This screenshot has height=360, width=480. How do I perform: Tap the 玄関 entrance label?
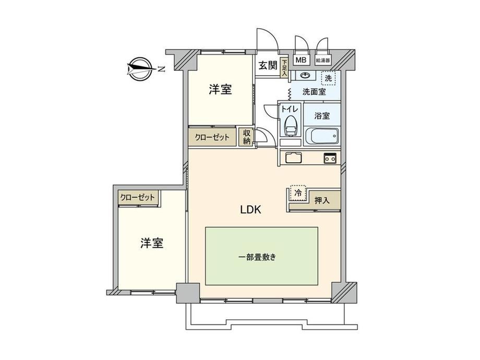click(x=268, y=65)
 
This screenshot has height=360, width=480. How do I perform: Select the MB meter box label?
click(x=301, y=60)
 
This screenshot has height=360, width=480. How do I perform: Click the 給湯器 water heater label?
click(x=323, y=61)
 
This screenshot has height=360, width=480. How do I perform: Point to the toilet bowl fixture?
click(x=290, y=126)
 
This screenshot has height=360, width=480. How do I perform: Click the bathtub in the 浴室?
click(x=322, y=136)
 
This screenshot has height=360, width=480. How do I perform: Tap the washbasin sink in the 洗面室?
click(x=305, y=75)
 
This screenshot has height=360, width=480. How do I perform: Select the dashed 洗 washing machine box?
click(x=329, y=78)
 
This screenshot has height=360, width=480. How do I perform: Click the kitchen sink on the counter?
click(x=294, y=158)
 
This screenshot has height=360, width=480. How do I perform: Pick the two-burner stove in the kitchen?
click(x=330, y=158)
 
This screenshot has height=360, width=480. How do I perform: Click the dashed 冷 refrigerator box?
click(x=298, y=193)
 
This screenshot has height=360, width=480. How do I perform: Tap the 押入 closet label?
click(x=322, y=200)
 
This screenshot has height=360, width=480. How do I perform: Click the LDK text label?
click(x=250, y=210)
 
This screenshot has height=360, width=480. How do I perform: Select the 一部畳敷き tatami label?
click(x=257, y=257)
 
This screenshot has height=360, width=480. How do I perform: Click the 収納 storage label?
click(x=247, y=137)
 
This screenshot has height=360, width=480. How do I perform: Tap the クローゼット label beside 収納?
click(x=212, y=137)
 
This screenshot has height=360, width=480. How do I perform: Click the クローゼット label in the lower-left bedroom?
click(x=137, y=197)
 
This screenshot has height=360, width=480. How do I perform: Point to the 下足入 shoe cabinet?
click(x=284, y=67)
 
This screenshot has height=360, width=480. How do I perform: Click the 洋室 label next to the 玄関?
click(x=220, y=89)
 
